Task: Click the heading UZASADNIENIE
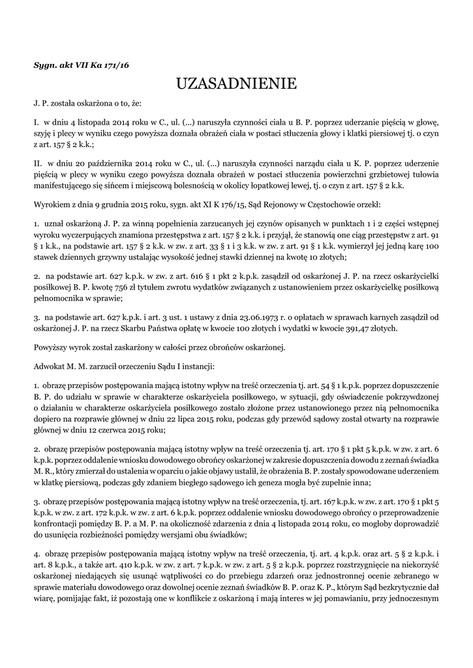click(x=236, y=83)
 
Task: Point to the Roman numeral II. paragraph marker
click(x=38, y=163)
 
